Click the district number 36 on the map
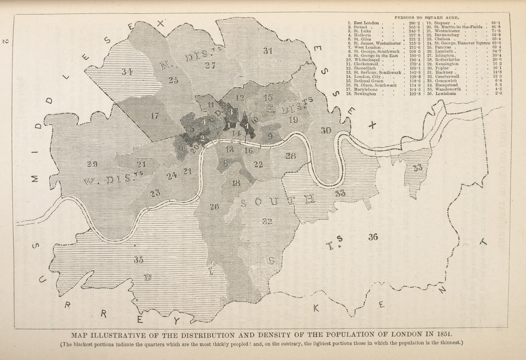point(373,237)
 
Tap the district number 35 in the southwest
point(139,260)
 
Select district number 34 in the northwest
point(127,72)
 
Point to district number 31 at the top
point(268,50)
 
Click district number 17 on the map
point(154,116)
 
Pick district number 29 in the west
point(92,164)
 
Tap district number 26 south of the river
point(214,207)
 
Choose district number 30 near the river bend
point(326,130)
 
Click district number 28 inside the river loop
point(291,155)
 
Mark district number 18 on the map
point(236,183)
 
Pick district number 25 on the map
point(174,80)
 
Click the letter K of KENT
point(316,309)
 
